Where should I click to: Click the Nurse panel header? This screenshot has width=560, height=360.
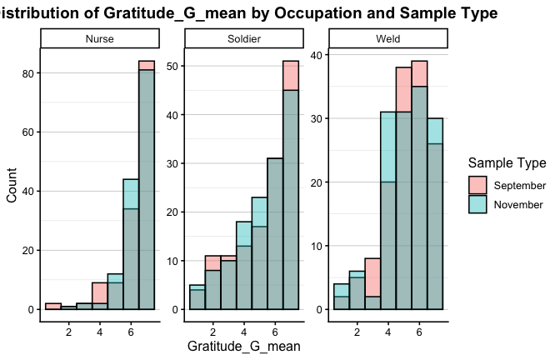point(100,39)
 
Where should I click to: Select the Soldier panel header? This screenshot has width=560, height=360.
point(244,39)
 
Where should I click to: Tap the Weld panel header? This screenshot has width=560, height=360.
point(388,39)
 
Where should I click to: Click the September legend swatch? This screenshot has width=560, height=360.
point(477,185)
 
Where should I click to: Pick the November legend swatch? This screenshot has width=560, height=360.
point(477,204)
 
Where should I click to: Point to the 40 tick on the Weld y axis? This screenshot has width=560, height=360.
point(321,55)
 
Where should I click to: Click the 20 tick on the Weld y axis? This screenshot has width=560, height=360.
point(321,182)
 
